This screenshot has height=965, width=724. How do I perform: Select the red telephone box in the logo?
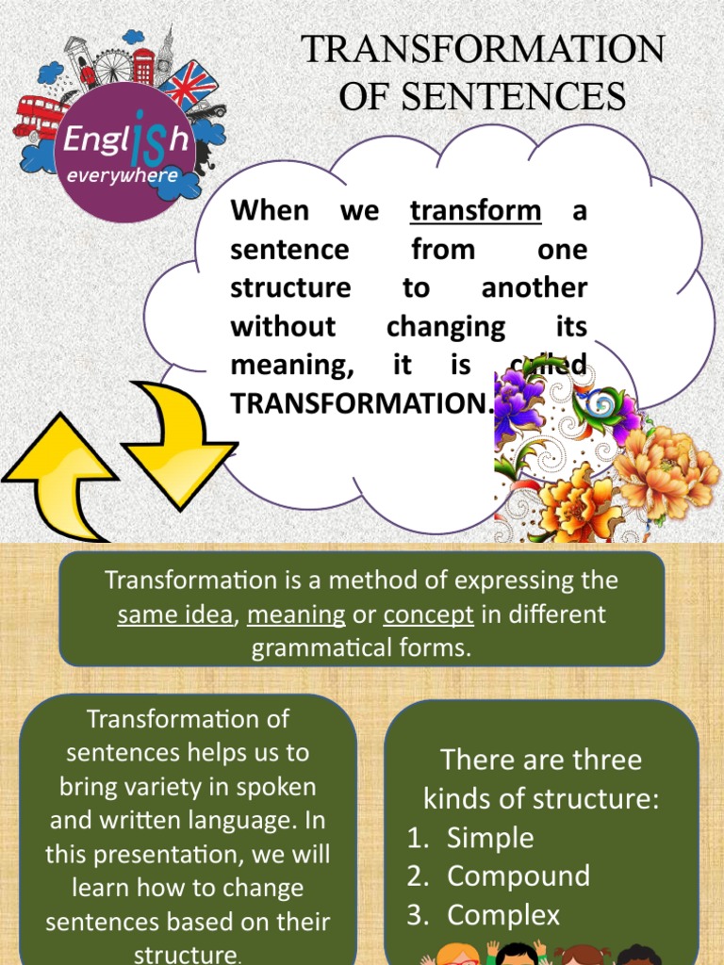tap(143, 66)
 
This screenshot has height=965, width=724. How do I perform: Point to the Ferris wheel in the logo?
tap(114, 66)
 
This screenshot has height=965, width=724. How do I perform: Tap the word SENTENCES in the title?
tap(483, 96)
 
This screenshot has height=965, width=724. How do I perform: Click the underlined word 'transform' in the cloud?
tap(475, 210)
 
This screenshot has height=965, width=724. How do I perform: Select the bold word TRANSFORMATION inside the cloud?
tap(359, 403)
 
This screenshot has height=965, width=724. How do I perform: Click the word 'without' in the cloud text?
tap(283, 326)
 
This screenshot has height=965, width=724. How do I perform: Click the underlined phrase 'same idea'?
tap(174, 615)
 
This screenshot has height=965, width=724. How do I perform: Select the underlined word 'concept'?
tap(428, 615)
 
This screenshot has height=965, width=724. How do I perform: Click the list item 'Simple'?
tap(490, 838)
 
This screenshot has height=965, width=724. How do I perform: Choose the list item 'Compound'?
tap(518, 875)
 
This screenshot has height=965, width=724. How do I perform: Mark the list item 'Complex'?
tap(503, 914)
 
